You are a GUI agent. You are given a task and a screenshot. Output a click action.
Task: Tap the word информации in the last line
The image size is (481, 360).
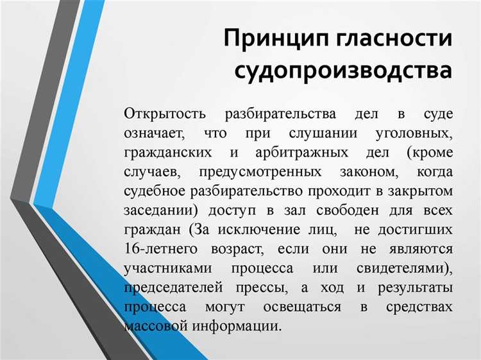[x=241, y=325]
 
